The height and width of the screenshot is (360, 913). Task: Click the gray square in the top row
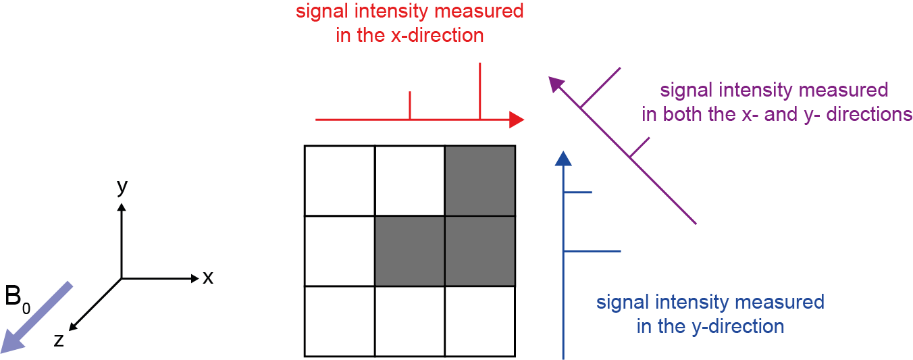pos(479,180)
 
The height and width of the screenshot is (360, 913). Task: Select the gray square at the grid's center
pos(410,251)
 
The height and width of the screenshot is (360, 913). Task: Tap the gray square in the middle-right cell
pos(479,251)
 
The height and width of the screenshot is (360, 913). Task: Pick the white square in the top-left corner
pos(340,180)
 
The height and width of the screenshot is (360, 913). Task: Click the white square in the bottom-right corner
pos(479,321)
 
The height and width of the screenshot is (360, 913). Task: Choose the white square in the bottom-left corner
pos(340,321)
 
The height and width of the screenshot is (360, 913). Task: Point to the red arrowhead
pos(517,120)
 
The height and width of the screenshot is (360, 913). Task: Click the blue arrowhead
pos(563,159)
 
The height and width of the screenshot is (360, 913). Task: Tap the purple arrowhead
pos(555,84)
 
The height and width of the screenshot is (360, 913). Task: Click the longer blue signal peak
pos(592,251)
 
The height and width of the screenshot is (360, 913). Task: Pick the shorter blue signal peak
pos(578,192)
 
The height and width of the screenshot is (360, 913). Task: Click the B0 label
pos(18,297)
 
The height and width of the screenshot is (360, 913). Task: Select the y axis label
pos(122,187)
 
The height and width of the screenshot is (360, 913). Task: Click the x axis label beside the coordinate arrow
pos(208,278)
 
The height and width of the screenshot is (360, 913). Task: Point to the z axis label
pos(59,340)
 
